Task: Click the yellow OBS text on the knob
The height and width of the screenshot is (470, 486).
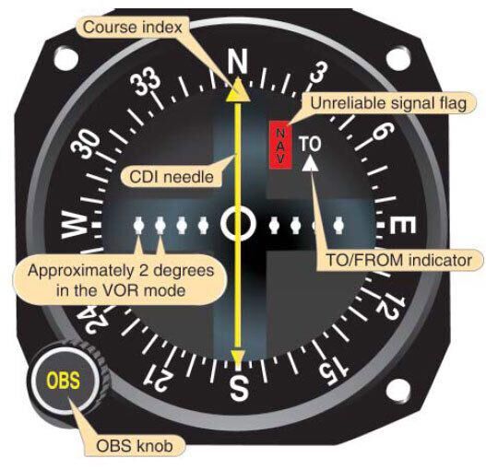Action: click(64, 381)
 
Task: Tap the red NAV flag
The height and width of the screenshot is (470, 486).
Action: click(280, 145)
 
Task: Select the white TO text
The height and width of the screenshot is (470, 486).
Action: click(310, 145)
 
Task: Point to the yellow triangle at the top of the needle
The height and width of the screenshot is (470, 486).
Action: click(238, 90)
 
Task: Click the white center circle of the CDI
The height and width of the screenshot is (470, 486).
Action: click(238, 223)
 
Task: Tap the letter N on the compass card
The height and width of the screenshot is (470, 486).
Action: click(238, 62)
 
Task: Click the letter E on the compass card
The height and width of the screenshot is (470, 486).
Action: click(402, 225)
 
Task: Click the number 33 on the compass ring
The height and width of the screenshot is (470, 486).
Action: click(146, 82)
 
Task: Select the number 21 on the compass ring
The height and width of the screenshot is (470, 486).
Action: click(159, 377)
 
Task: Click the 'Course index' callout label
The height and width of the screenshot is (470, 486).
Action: click(133, 28)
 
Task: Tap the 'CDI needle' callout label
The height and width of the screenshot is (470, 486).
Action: click(172, 177)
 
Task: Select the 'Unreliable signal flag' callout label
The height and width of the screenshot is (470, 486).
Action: click(388, 103)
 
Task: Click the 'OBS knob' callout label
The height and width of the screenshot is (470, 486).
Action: click(135, 446)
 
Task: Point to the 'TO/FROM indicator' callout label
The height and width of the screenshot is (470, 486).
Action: click(399, 260)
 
